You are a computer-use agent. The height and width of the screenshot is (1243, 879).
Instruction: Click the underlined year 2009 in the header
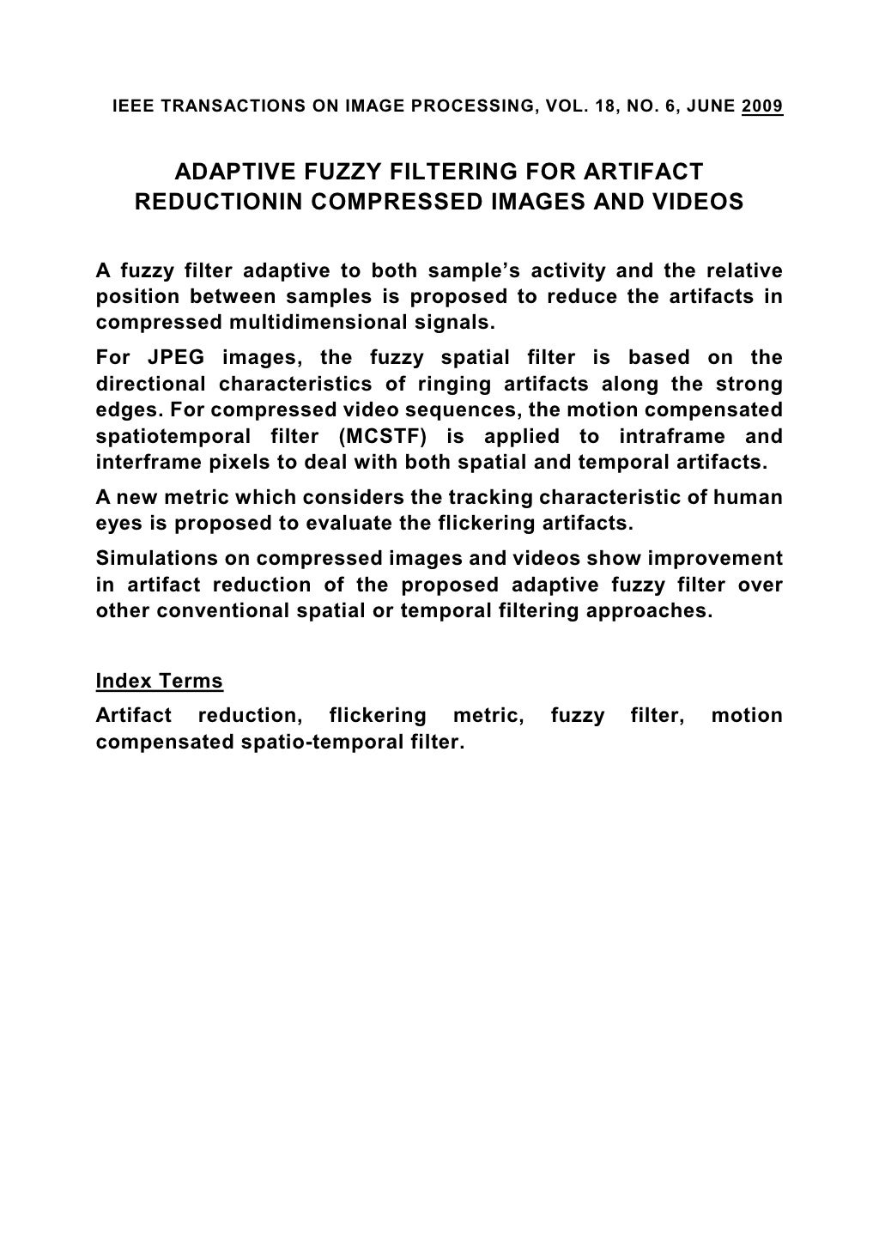(761, 107)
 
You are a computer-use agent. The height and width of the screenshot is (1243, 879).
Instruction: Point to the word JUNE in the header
(711, 107)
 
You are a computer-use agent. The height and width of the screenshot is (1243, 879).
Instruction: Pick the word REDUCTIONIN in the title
(218, 203)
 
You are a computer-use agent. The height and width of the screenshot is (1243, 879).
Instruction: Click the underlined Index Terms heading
(160, 682)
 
